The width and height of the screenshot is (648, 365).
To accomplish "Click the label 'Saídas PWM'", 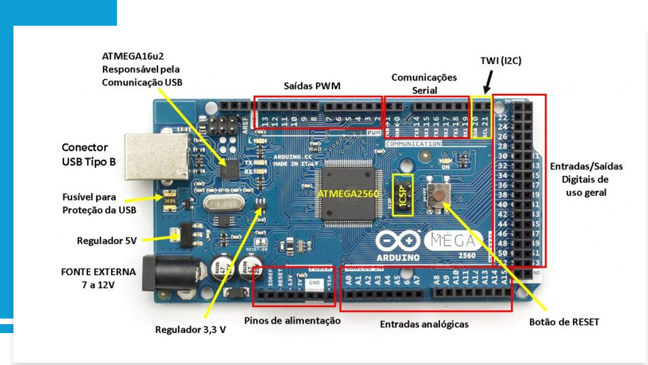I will tap(312, 86).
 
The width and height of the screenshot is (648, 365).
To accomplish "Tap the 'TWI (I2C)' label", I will tap(500, 61).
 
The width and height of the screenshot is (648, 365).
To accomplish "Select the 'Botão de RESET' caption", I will tap(564, 322).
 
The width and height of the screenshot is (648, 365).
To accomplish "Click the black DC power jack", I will tap(167, 274).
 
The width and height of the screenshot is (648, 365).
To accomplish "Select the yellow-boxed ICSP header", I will tap(403, 195).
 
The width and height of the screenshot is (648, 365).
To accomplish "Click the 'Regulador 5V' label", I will tap(107, 241).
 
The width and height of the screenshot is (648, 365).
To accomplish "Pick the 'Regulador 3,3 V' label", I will tap(190, 330).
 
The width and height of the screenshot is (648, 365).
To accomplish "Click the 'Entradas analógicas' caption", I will tap(424, 324).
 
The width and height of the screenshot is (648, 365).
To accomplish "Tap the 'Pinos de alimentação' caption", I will tap(292, 321).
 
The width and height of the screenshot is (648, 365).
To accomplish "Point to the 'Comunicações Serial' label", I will tap(424, 83).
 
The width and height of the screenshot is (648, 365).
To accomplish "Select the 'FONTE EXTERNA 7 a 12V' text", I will tap(98, 278).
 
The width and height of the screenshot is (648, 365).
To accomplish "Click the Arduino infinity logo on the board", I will tap(398, 241).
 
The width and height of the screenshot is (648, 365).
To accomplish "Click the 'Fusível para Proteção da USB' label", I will tap(98, 203).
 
